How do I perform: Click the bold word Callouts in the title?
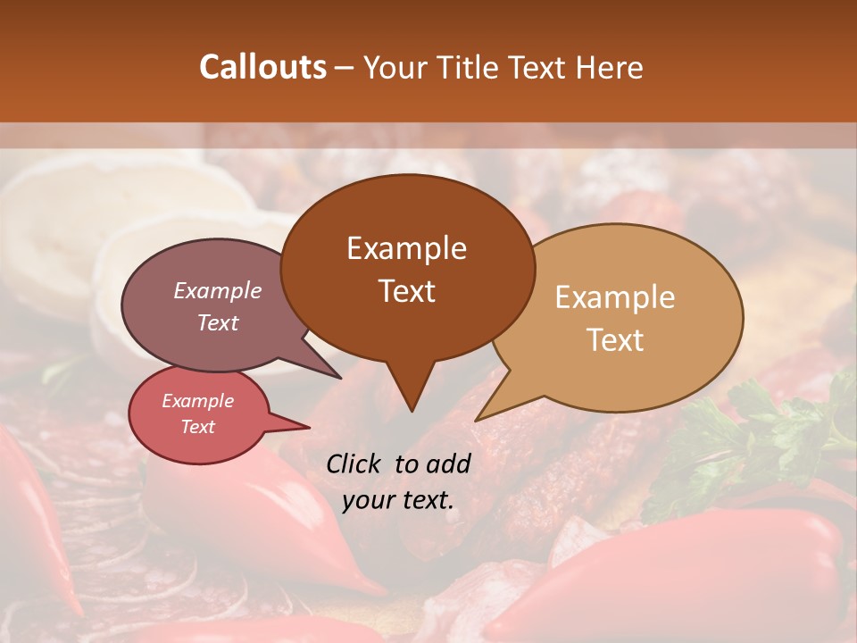tap(262, 67)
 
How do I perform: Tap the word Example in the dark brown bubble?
tap(406, 248)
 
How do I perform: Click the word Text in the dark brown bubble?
tap(406, 290)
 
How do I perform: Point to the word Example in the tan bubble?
tap(615, 297)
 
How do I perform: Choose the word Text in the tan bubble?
tap(615, 340)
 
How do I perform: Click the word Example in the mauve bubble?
tap(217, 290)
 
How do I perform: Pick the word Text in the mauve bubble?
tap(217, 322)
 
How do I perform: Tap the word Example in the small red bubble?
tap(197, 401)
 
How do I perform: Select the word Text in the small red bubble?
tap(197, 427)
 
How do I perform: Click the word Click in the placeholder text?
tap(354, 463)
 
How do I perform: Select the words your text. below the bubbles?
tap(398, 500)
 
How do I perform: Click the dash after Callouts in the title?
tap(344, 67)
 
